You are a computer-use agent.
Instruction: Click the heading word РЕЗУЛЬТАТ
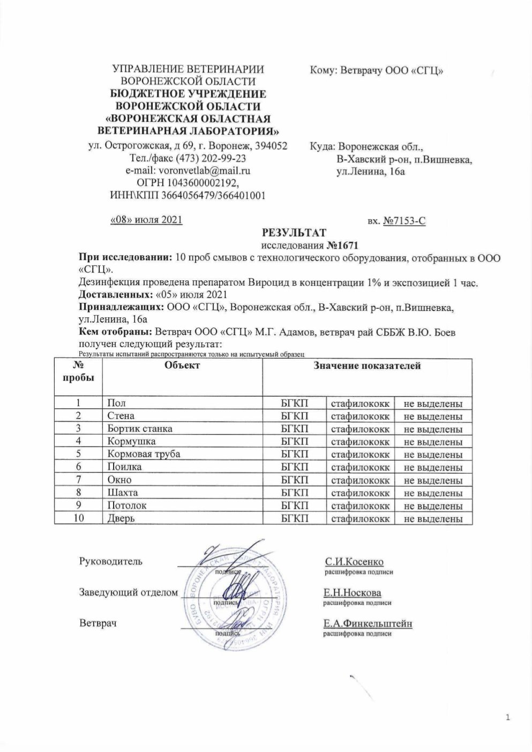coord(293,233)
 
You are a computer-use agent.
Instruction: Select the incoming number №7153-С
coord(404,220)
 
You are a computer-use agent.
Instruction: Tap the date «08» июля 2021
coord(146,220)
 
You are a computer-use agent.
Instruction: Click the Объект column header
coord(182,366)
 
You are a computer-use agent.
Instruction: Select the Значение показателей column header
coord(366,366)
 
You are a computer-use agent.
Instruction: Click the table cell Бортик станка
coord(140,429)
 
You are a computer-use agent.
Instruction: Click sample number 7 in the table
coord(78,480)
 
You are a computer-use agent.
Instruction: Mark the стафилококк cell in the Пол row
coord(360,404)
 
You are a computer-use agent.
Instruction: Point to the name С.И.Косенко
coord(354,562)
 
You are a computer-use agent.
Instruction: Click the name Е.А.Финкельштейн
coord(367,623)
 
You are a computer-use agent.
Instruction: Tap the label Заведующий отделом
coord(128,593)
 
